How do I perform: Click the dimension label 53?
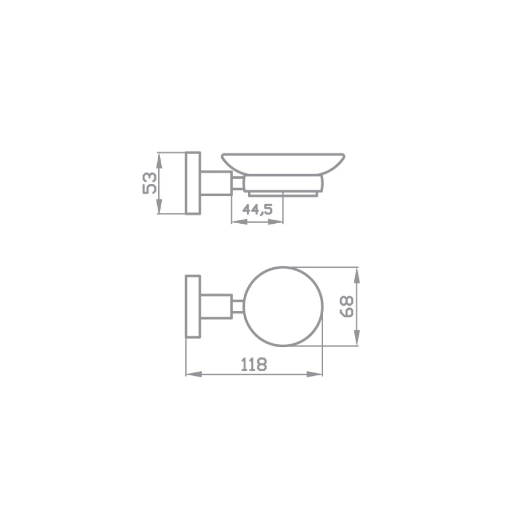150,183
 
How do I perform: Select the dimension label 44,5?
258,209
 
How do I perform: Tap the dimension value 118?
254,365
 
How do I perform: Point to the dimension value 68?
347,306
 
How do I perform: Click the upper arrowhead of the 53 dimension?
159,160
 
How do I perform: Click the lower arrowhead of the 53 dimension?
159,206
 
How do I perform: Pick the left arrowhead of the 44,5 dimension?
239,222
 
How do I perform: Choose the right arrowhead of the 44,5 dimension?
276,222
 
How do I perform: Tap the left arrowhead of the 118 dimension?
194,374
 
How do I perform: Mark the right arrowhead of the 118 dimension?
315,374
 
